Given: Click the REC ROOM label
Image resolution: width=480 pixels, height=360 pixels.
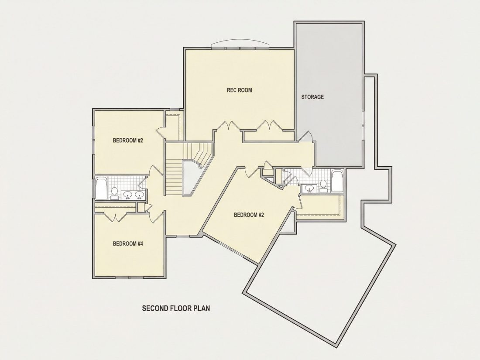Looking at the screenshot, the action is [240, 90].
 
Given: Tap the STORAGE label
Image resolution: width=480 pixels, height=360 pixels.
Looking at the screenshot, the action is [312, 97].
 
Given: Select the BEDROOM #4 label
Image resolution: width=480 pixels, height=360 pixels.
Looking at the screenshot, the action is [128, 243].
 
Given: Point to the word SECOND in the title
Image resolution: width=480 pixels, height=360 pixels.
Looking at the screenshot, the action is [155, 308].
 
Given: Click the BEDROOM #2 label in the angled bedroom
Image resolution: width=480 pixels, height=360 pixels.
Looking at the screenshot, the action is [249, 215].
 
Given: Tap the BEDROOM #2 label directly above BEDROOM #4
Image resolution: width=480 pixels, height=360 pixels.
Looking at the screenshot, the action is [128, 141].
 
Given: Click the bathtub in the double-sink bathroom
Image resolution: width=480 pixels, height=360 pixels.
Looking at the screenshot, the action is [101, 189].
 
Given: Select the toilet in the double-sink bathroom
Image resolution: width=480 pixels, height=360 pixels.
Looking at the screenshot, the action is [114, 193].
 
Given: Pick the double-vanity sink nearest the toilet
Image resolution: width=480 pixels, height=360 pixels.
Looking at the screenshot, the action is [128, 194].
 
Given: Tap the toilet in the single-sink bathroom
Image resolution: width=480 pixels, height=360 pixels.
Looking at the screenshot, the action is [323, 186].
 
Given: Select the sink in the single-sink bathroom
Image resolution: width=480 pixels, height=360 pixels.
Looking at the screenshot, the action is [309, 188].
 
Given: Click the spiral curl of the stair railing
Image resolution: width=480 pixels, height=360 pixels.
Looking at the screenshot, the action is [200, 166].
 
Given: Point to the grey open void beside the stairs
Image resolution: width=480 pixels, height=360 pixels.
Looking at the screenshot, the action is [191, 178].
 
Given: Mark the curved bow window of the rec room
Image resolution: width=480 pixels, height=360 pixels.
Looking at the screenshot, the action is [240, 45].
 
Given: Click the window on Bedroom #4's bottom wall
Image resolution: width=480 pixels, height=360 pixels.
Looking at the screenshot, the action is [130, 278].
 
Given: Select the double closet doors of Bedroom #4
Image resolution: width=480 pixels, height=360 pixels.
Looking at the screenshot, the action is [115, 217].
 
